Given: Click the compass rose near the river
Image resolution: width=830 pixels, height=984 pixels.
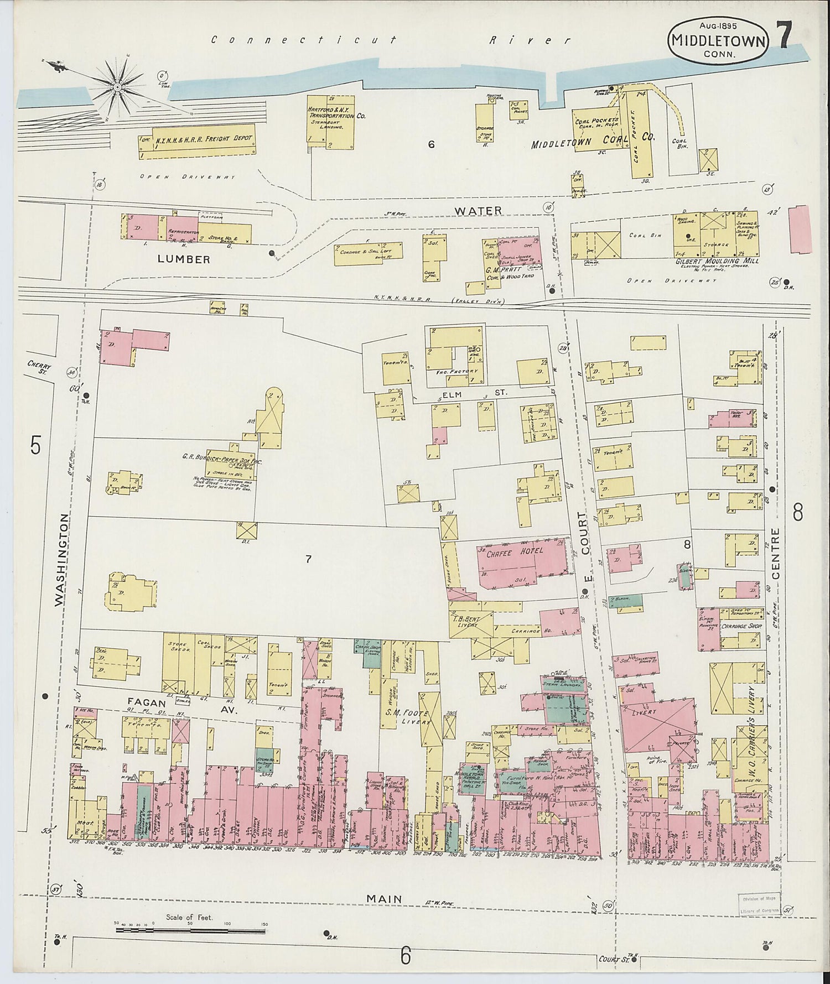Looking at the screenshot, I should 118,87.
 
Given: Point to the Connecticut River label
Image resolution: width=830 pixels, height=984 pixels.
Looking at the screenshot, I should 391,40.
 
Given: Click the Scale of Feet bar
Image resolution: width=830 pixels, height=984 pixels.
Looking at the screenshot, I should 191,931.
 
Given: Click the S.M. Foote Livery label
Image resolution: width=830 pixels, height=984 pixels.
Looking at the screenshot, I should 408,717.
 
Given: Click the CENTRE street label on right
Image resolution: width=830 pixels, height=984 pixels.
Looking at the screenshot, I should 775,553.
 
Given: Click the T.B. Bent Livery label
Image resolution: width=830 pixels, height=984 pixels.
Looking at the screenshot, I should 466,622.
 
